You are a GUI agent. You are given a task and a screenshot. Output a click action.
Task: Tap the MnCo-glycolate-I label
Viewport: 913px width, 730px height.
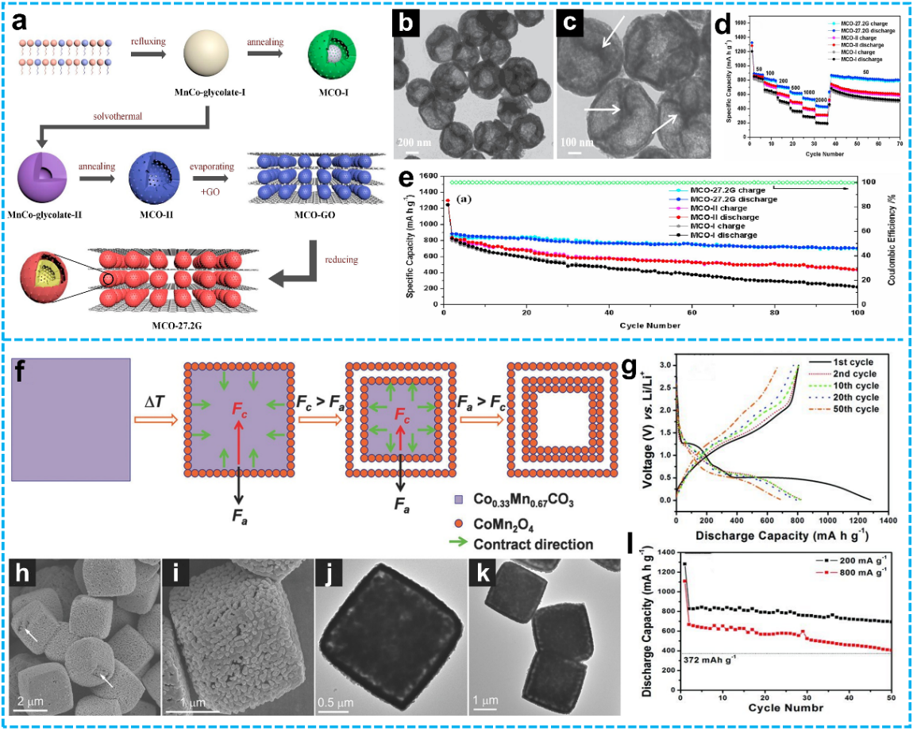[x=209, y=94]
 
